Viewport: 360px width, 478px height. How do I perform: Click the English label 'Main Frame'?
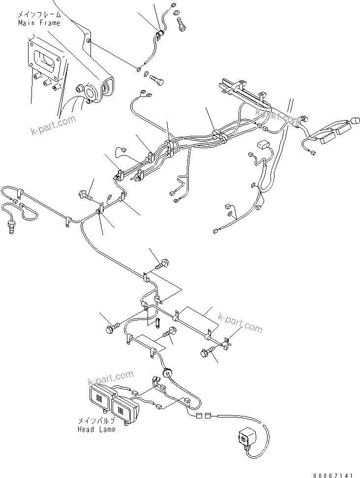point(39,23)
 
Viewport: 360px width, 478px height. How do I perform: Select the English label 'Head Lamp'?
point(96,429)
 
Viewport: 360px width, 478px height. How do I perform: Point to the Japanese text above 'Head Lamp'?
point(96,421)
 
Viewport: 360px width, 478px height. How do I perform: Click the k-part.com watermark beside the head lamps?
point(111,379)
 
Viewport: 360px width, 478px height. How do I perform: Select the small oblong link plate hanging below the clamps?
point(158,322)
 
